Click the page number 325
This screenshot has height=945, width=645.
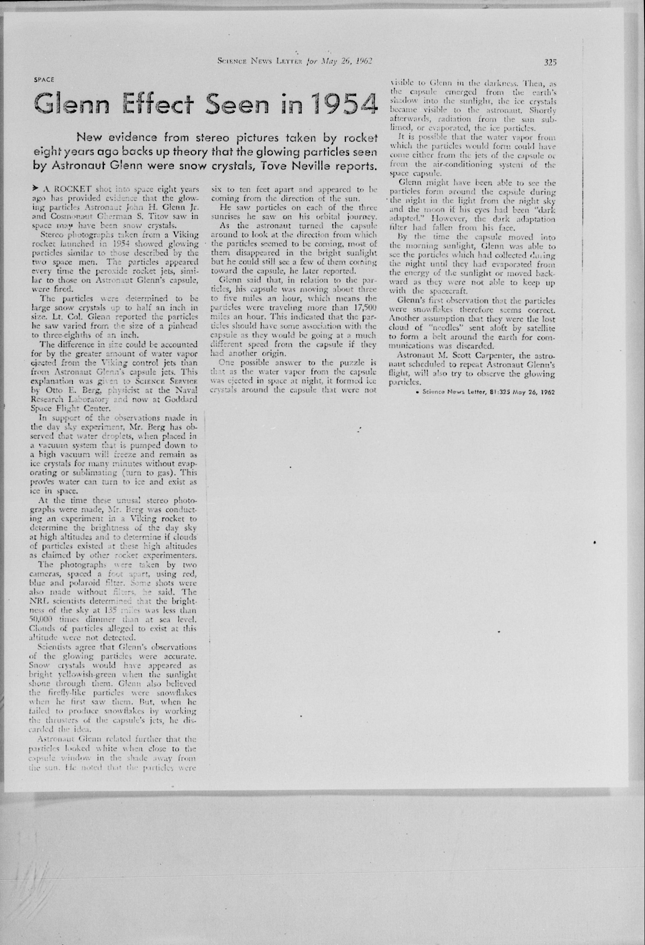click(550, 62)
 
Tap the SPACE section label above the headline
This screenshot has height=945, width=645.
click(44, 80)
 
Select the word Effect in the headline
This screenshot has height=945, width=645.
click(158, 104)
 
